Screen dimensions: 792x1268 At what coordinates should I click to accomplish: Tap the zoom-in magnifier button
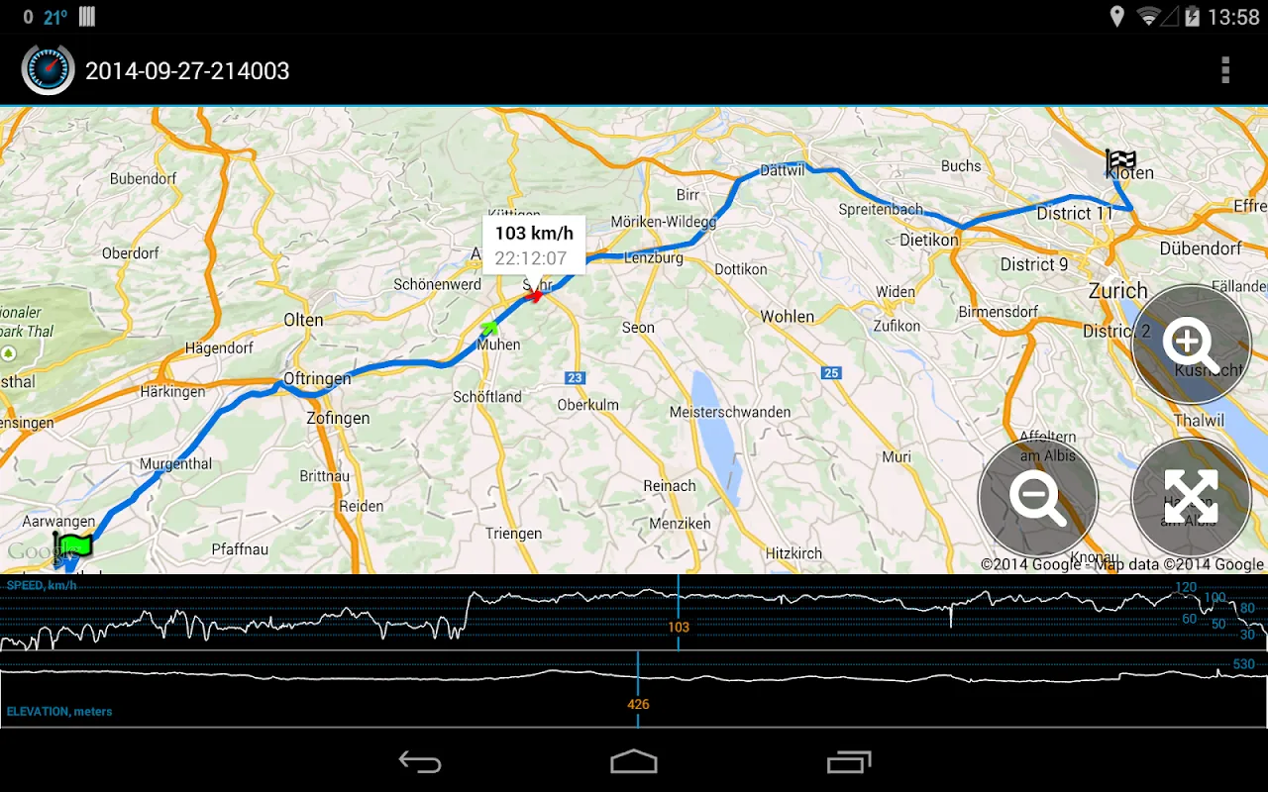(x=1191, y=345)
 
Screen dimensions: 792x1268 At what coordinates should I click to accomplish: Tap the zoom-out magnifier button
(x=1037, y=498)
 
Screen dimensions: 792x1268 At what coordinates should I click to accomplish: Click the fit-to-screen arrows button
(x=1191, y=498)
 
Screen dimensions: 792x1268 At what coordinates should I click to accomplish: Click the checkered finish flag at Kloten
(x=1120, y=160)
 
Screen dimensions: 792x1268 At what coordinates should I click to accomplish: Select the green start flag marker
(x=73, y=544)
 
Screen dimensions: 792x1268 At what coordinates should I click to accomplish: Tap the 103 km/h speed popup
(x=534, y=245)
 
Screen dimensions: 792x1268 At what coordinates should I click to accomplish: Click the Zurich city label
(x=1117, y=291)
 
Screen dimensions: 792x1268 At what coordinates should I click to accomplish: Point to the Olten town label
(x=303, y=320)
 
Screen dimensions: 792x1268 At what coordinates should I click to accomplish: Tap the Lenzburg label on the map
(x=654, y=257)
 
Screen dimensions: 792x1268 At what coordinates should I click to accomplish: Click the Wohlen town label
(x=788, y=317)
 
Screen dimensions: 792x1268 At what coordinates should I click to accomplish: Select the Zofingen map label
(x=338, y=418)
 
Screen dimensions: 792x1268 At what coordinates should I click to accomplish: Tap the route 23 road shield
(x=576, y=378)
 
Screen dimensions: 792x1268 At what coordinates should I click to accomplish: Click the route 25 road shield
(x=831, y=373)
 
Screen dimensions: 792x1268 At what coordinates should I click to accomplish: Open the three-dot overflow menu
(x=1225, y=70)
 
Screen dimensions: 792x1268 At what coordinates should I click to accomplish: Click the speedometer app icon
(x=48, y=69)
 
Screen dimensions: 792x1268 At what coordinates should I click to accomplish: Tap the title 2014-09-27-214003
(x=187, y=71)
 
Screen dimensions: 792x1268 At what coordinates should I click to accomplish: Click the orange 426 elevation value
(x=638, y=704)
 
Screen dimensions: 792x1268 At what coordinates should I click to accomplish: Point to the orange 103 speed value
(x=679, y=627)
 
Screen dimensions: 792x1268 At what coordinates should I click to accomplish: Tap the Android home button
(x=634, y=761)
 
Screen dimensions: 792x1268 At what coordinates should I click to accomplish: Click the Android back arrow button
(x=420, y=761)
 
